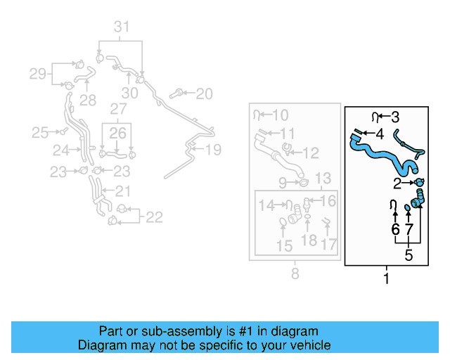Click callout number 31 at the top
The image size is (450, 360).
pos(123,27)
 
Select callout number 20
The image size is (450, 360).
pos(204,93)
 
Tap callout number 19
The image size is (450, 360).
pos(212,149)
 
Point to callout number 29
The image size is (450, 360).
pos(37,74)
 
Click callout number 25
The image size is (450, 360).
pos(39,131)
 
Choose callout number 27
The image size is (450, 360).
pos(117,109)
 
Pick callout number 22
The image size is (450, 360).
pos(153,217)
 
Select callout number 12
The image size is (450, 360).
pos(310,152)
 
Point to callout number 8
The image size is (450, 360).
pos(295,272)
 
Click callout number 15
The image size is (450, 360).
pos(284,246)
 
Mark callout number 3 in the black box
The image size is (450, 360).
pos(395,117)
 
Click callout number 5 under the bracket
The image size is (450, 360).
pos(409,255)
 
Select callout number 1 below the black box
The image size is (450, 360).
pos(386,279)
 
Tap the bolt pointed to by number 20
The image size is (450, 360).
pos(180,92)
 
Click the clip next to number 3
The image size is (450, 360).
pos(376,116)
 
